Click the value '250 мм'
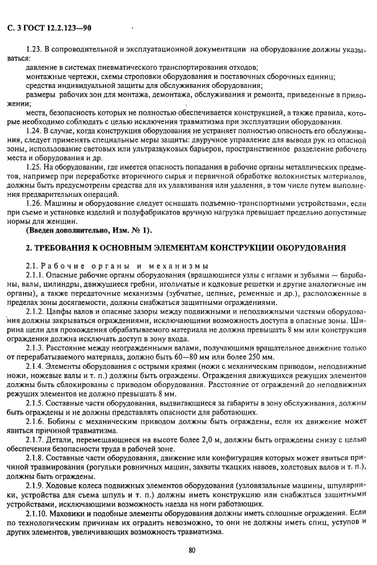[253, 358]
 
